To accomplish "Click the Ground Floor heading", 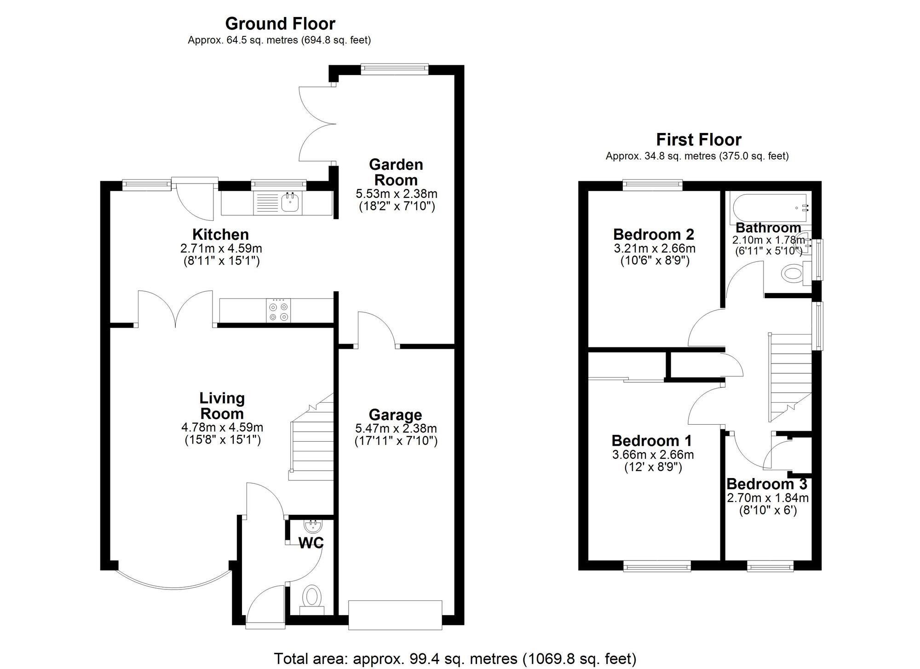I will point(280,23).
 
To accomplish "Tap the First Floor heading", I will point(698,139).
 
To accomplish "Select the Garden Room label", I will point(396,172).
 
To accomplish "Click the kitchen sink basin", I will point(290,202).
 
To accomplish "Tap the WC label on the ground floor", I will point(311,543).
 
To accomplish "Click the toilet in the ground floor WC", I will point(312,597).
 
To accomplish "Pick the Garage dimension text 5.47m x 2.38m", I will point(396,428).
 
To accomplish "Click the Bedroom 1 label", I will point(651,441).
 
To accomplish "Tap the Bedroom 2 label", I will point(653,235).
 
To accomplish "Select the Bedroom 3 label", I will point(767,484).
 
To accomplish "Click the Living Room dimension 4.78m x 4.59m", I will point(222,427).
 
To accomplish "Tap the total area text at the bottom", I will point(455,659).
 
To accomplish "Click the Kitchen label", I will point(220,235).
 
